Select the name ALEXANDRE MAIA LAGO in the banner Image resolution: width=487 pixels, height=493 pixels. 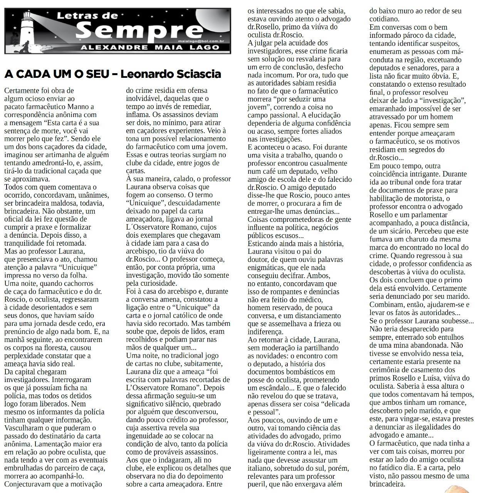150,48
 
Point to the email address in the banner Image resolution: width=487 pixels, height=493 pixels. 203,40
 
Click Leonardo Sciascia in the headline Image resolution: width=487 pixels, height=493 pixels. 171,74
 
